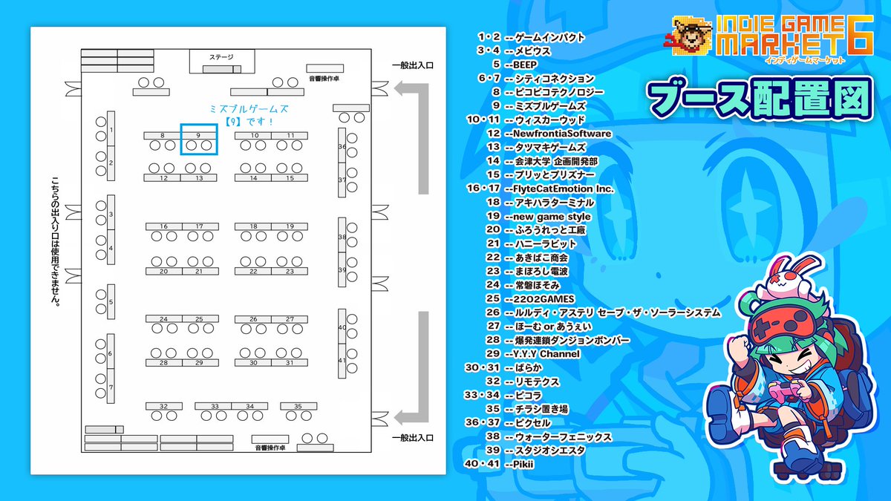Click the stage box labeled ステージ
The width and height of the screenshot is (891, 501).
tap(221, 56)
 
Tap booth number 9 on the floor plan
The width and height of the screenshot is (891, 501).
tap(198, 135)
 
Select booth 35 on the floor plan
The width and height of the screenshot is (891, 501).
tap(298, 406)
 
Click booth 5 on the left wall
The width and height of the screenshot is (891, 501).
tap(111, 302)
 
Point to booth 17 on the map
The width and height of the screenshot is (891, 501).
tap(199, 226)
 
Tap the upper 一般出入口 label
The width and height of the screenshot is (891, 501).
tap(413, 66)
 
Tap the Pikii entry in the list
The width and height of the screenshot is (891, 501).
tap(523, 464)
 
